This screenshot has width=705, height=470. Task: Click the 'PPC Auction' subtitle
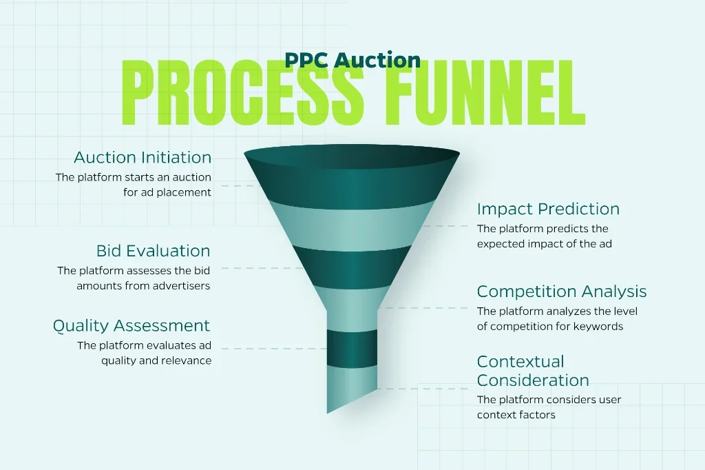(352, 61)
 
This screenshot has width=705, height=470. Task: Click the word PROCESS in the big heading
(243, 93)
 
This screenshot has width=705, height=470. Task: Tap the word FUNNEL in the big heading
(484, 93)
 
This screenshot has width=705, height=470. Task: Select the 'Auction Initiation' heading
(143, 158)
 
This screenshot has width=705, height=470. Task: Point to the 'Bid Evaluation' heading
(154, 251)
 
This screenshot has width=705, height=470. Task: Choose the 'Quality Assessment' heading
(131, 326)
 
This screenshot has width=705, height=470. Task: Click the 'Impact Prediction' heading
(548, 209)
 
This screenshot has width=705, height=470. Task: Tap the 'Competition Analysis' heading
(562, 292)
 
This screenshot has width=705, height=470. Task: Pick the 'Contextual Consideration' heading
(533, 371)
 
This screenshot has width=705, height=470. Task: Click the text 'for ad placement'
(167, 192)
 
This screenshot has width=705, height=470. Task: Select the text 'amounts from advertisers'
(143, 286)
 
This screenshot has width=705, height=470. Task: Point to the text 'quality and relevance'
(156, 360)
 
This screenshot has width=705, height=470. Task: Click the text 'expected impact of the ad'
(545, 244)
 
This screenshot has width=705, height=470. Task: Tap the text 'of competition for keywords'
(550, 327)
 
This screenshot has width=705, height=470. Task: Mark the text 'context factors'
(516, 415)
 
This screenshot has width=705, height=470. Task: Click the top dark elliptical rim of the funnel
(352, 156)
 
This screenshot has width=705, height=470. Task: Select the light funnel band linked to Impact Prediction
(352, 226)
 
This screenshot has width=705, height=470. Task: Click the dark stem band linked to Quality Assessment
(352, 348)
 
